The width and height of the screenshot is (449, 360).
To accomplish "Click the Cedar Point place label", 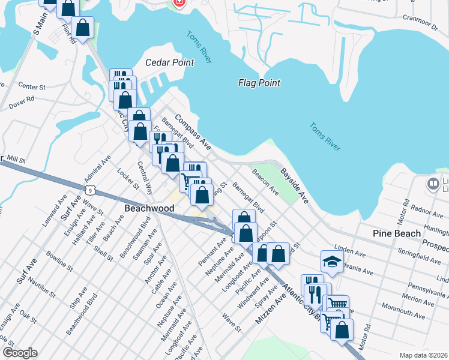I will point(170,62).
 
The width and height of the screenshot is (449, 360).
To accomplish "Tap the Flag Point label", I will point(259,83).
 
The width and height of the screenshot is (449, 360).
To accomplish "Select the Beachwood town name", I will point(149,208).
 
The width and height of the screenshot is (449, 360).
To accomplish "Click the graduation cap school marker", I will point(331,262).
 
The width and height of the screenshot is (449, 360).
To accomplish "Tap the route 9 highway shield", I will point(90,190).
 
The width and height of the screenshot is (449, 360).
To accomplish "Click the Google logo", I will point(19,353).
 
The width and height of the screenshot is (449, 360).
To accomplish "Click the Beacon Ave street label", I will point(265,181).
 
